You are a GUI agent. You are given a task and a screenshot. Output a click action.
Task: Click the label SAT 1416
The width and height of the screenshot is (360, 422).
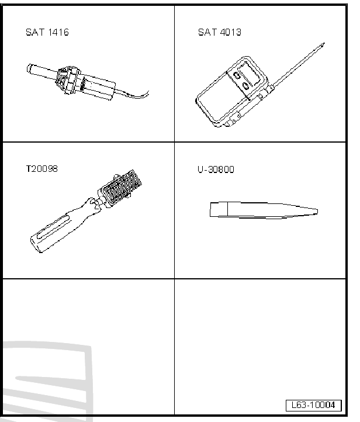point(47,32)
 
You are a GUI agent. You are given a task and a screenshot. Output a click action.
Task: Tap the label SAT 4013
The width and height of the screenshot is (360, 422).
point(220,32)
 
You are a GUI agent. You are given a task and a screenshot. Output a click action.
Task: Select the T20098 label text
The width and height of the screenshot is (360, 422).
point(41,169)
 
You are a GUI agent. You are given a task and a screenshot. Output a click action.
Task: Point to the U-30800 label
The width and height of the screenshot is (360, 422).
point(216,170)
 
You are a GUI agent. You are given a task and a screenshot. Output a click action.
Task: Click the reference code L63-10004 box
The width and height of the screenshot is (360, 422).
point(313,405)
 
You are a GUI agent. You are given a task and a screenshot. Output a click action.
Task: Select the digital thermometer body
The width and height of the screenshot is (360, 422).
point(232,92)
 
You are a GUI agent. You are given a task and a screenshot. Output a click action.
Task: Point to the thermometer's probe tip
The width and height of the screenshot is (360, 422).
point(324,43)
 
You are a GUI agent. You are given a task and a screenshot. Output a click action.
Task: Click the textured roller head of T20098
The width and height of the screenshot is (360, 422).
point(122,188)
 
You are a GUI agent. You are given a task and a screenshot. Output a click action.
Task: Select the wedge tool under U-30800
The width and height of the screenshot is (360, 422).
point(264,210)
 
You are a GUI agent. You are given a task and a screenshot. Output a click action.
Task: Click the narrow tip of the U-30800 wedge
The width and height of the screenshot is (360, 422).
point(317,212)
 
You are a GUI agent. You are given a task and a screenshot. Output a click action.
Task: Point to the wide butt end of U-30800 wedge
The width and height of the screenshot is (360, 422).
point(210,209)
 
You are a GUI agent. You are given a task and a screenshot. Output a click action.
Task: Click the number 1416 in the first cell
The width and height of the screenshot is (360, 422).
point(58,32)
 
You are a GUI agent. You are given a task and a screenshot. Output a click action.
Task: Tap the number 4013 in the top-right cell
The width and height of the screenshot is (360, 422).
point(231,32)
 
